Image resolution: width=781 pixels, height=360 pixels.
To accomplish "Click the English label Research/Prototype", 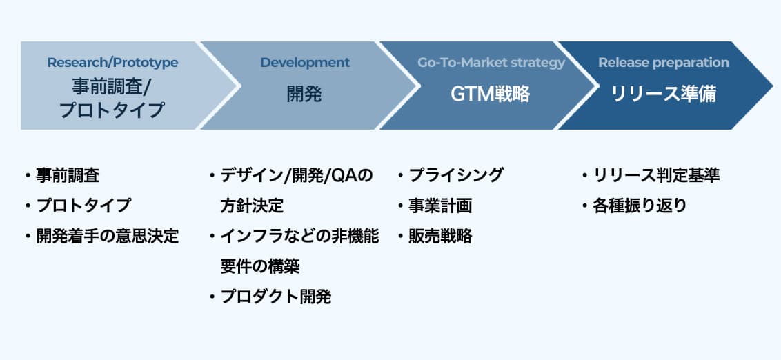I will (x=112, y=63).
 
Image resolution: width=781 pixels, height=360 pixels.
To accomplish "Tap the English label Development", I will (x=305, y=63).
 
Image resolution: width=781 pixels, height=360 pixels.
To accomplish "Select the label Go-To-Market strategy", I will (x=491, y=63).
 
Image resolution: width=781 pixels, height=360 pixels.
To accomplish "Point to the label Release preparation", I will (x=663, y=63).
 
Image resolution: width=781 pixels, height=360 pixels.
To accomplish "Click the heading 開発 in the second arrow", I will (x=304, y=94).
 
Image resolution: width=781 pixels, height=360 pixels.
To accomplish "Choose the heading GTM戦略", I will (x=491, y=94).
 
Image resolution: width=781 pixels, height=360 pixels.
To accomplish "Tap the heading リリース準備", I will (x=663, y=94).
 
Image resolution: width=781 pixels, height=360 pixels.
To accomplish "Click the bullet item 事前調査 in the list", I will (x=68, y=175).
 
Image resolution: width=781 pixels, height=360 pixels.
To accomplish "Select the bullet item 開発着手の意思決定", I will (x=107, y=237).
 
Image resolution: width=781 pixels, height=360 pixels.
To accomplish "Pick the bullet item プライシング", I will (x=456, y=175).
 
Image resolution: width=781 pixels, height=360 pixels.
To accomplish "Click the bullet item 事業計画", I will (x=440, y=206).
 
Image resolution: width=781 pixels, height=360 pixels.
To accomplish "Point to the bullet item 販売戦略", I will (x=440, y=237).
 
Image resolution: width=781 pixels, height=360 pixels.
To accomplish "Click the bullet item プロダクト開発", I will (x=276, y=297).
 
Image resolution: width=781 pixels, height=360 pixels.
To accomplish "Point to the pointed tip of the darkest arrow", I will (x=772, y=86).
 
